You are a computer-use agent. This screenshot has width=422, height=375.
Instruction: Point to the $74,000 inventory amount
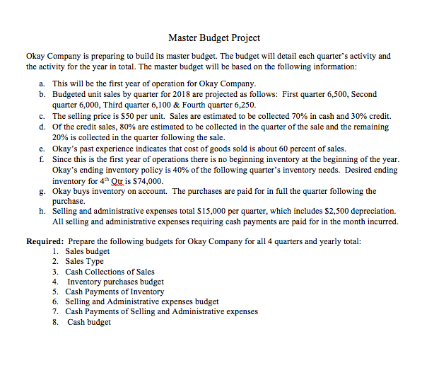click(148, 181)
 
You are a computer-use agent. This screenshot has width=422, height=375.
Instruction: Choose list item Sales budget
click(88, 251)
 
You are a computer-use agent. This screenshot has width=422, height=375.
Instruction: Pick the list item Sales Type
click(84, 261)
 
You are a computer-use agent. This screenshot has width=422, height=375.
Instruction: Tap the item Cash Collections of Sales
click(110, 271)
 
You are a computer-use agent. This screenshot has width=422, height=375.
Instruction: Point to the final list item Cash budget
click(89, 322)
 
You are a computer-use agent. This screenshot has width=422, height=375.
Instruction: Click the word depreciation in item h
click(373, 211)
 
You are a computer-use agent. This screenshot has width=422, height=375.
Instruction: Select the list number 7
click(56, 312)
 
